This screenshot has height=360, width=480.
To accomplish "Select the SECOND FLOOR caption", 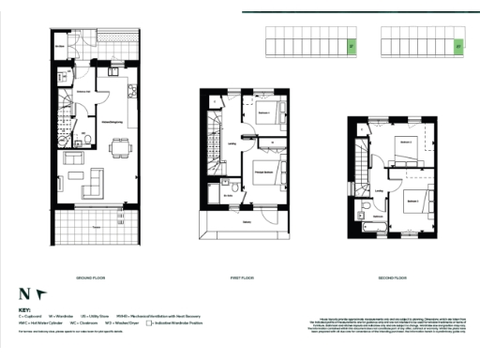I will pyautogui.click(x=393, y=278).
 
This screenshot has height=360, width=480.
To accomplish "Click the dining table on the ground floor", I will pyautogui.click(x=121, y=144).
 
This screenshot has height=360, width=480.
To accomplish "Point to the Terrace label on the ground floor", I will pyautogui.click(x=97, y=226).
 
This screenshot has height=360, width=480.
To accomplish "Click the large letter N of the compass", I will pyautogui.click(x=23, y=294).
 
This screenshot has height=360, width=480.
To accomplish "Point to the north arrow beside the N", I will pyautogui.click(x=40, y=293).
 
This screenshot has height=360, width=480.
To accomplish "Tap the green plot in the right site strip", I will pyautogui.click(x=458, y=43).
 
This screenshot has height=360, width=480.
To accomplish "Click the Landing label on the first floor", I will pyautogui.click(x=232, y=143).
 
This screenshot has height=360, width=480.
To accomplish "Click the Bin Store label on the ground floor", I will pyautogui.click(x=60, y=46).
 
